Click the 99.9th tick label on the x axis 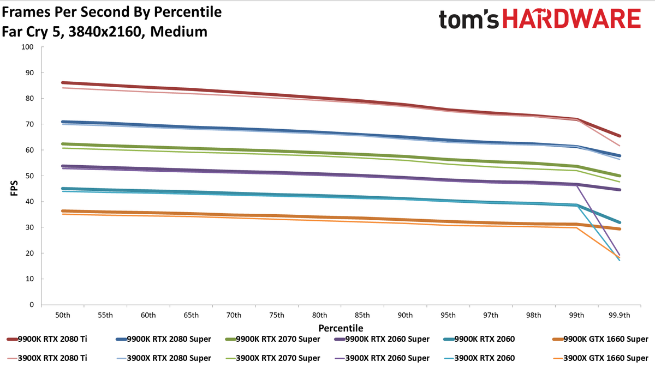click(x=620, y=315)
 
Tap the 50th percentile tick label click(x=63, y=315)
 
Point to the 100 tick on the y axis click(x=27, y=47)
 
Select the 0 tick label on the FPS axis click(x=32, y=305)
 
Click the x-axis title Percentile click(x=341, y=328)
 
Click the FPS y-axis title click(x=14, y=188)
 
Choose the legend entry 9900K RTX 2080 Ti click(x=47, y=339)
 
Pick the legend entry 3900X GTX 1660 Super click(x=600, y=358)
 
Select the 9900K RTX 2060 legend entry click(x=479, y=339)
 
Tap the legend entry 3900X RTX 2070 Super click(x=272, y=358)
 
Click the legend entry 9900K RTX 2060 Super click(x=382, y=339)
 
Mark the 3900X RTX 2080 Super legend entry click(x=163, y=358)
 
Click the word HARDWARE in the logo click(x=571, y=19)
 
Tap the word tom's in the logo click(x=469, y=19)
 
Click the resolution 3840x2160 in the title click(x=105, y=32)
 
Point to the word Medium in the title click(x=178, y=32)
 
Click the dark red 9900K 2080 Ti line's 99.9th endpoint click(x=620, y=136)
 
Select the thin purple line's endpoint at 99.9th click(x=620, y=255)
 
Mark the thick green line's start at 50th click(x=63, y=144)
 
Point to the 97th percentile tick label click(x=491, y=315)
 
